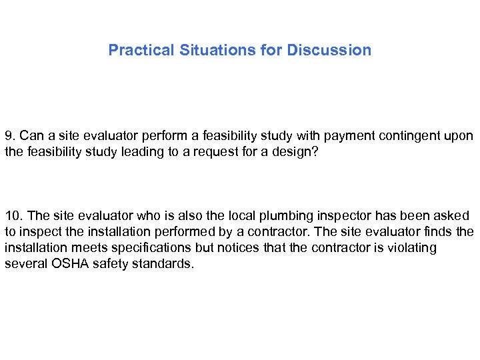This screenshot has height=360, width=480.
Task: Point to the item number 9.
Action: [x=9, y=136]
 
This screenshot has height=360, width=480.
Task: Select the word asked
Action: [x=453, y=215]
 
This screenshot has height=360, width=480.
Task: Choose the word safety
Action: [x=102, y=263]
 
